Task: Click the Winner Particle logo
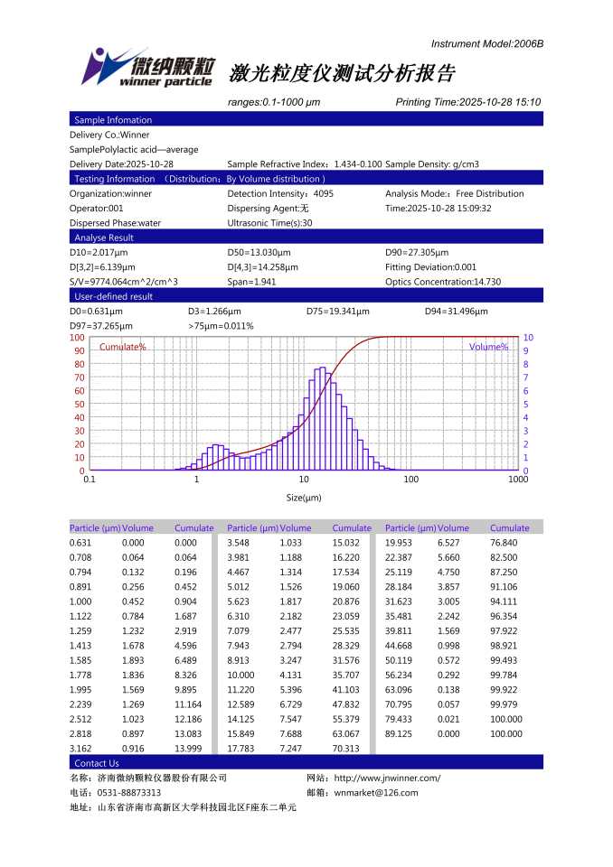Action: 148,68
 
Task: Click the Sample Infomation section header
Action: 112,120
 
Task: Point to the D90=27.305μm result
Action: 417,253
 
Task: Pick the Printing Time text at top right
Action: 467,102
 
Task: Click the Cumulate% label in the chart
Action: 122,347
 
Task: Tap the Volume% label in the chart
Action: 488,347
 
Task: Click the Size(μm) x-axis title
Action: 304,498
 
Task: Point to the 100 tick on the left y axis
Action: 77,337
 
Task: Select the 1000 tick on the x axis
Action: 517,480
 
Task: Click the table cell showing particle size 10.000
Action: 240,675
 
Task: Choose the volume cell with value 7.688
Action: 291,734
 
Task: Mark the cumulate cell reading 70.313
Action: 346,749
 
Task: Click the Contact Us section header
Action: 96,763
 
